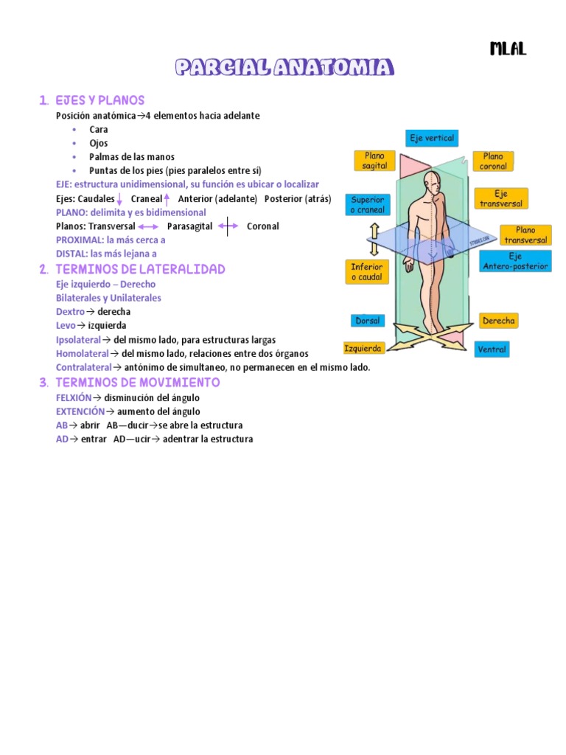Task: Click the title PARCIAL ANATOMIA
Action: [x=284, y=69]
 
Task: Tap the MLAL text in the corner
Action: [x=508, y=49]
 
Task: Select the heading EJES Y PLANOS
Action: [x=100, y=100]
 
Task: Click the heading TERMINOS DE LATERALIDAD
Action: [x=140, y=269]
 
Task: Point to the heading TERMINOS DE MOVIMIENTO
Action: [x=137, y=383]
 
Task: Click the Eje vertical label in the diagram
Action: [x=432, y=138]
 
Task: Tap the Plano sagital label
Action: [x=374, y=161]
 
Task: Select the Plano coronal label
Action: [x=493, y=161]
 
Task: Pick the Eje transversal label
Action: [x=501, y=198]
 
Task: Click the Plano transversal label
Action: [x=525, y=235]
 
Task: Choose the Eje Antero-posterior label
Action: [x=515, y=262]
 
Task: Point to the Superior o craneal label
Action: [x=367, y=205]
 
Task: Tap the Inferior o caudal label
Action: [x=366, y=271]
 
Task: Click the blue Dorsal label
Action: [x=367, y=321]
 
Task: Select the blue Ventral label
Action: [x=491, y=349]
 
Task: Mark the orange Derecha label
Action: [x=498, y=321]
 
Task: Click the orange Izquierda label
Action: [x=363, y=348]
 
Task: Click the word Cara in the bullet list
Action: [x=98, y=130]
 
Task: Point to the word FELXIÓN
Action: [x=74, y=397]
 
